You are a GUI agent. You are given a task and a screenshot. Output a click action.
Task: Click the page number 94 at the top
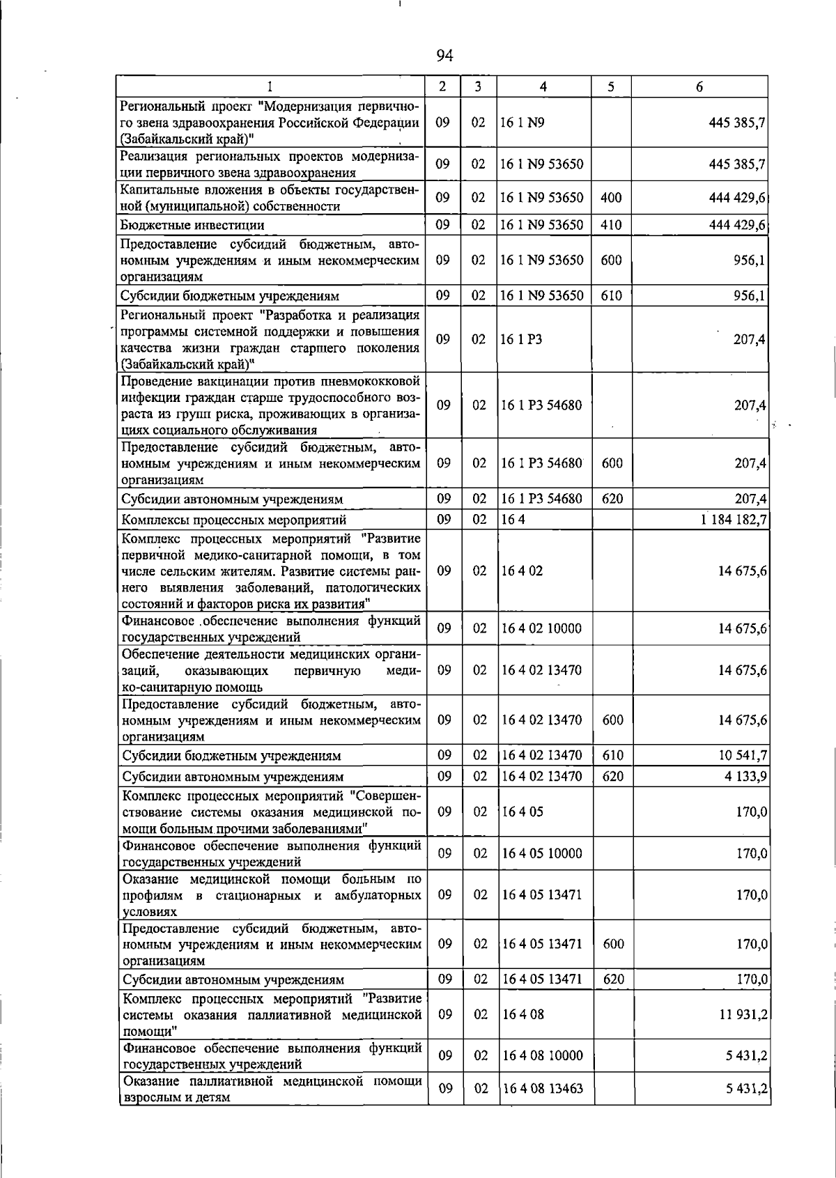click(444, 55)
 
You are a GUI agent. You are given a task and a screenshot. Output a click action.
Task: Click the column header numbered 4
click(543, 86)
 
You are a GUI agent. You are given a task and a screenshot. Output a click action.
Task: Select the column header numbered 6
click(699, 86)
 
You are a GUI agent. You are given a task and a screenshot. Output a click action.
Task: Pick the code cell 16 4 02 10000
click(541, 628)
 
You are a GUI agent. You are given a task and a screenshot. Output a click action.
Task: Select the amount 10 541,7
click(743, 756)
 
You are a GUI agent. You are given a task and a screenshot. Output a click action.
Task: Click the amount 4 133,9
click(745, 777)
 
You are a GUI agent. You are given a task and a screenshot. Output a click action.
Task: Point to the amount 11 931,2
click(743, 1015)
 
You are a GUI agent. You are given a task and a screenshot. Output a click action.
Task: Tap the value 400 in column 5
click(611, 198)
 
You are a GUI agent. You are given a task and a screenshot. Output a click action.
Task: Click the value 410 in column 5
click(611, 225)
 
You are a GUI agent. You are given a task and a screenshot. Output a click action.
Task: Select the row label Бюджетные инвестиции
click(192, 225)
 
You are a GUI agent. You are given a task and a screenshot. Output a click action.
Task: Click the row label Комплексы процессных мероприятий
click(234, 520)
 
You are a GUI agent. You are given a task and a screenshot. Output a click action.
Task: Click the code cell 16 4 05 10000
click(542, 853)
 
